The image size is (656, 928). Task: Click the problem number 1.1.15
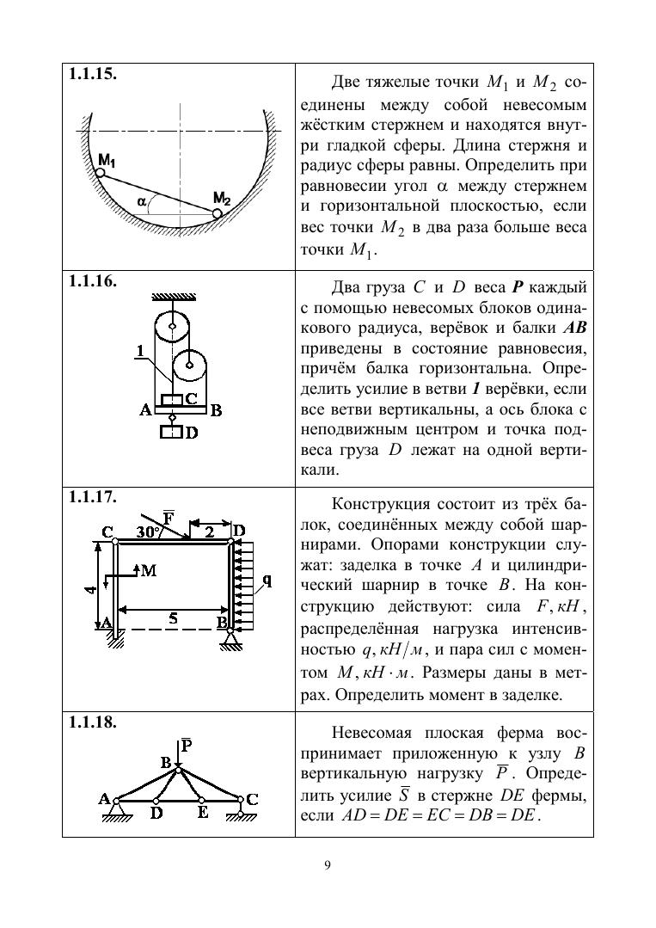pyautogui.click(x=93, y=73)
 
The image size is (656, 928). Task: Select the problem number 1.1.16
pyautogui.click(x=93, y=280)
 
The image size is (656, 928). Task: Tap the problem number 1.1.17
pyautogui.click(x=93, y=497)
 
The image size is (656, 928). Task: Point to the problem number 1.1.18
pyautogui.click(x=93, y=722)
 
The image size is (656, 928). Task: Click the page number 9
pyautogui.click(x=328, y=865)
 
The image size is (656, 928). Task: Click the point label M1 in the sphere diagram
pyautogui.click(x=107, y=160)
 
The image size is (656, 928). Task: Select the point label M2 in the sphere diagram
pyautogui.click(x=222, y=199)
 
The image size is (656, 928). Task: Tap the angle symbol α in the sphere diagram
pyautogui.click(x=141, y=201)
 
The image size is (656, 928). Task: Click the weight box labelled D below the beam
pyautogui.click(x=172, y=432)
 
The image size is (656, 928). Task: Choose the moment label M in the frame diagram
pyautogui.click(x=148, y=570)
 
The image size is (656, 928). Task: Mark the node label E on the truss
pyautogui.click(x=202, y=814)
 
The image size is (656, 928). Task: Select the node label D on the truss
pyautogui.click(x=156, y=814)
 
